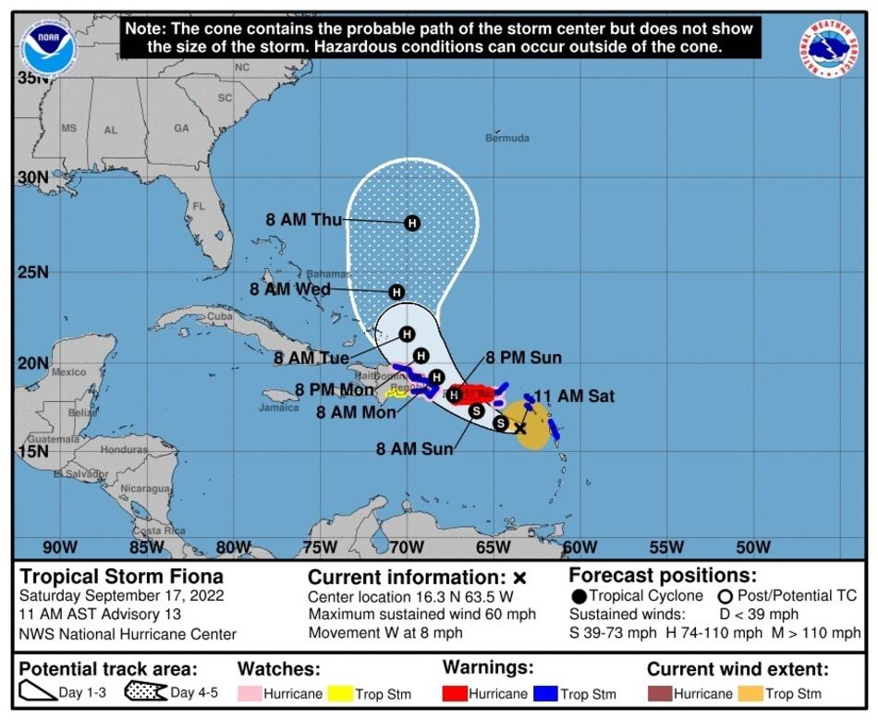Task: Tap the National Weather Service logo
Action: click(829, 47)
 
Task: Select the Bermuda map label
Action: click(507, 138)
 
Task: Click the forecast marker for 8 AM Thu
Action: click(412, 223)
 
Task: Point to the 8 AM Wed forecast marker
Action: click(396, 292)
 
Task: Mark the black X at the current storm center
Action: click(520, 427)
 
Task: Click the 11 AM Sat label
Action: click(574, 397)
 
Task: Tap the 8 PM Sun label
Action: click(523, 358)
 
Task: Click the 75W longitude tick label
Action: click(320, 547)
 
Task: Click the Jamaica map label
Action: click(279, 408)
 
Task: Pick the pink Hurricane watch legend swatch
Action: click(249, 693)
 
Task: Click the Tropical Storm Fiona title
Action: click(109, 577)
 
